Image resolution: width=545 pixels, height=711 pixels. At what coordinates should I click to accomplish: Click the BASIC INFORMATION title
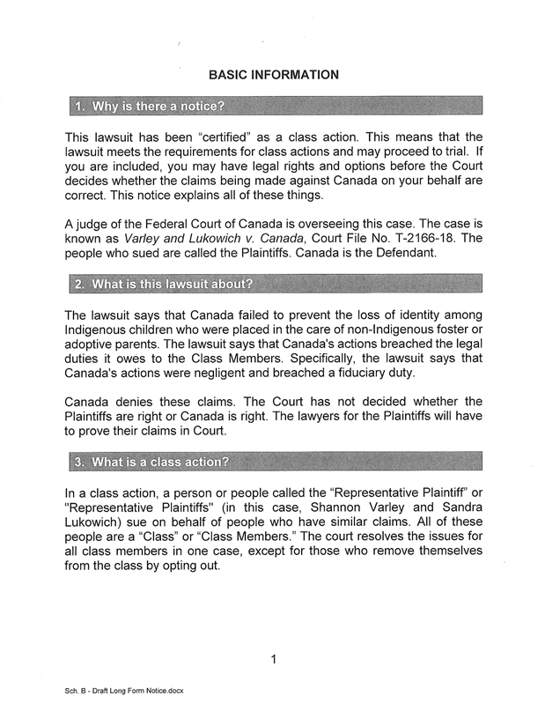(272, 74)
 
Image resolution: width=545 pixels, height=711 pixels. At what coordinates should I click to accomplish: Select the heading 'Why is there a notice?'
(149, 108)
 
